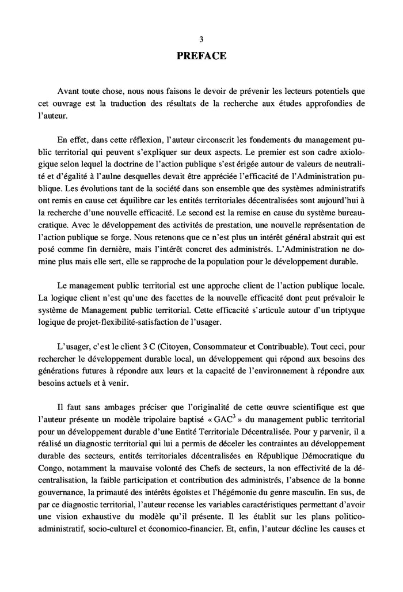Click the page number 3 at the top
coord(201,39)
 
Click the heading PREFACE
coord(201,56)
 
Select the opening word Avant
coord(70,92)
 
